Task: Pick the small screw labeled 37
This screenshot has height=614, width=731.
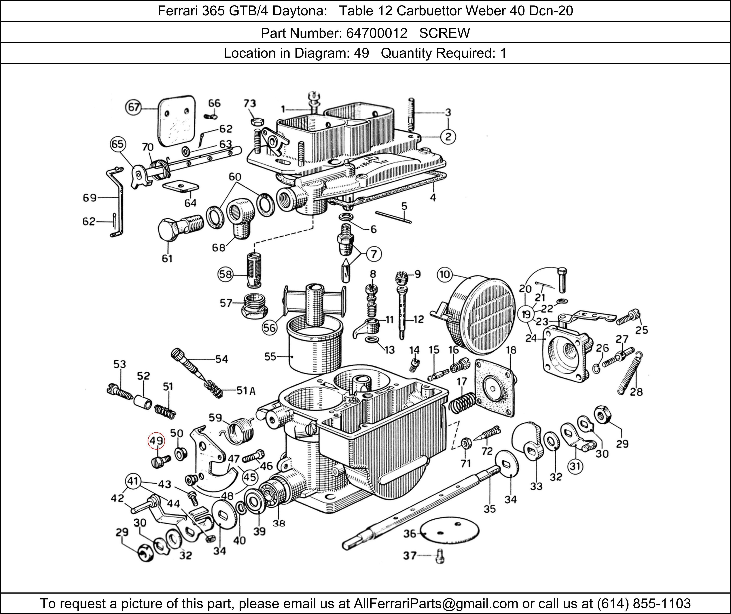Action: [440, 556]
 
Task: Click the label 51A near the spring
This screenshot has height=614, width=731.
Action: [246, 391]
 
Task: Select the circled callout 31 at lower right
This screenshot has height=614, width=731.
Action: [575, 466]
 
